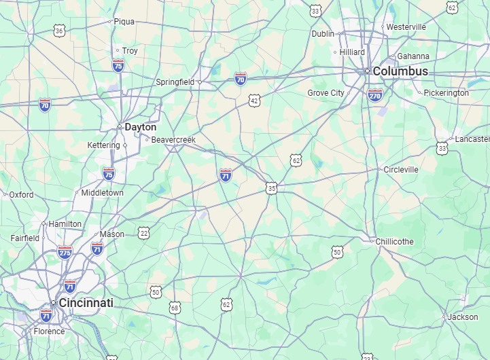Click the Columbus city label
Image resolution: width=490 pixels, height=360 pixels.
[400, 71]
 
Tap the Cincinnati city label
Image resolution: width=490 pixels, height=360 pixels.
[86, 303]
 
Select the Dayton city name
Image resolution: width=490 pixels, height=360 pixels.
[140, 127]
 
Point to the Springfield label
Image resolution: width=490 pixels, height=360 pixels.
[175, 82]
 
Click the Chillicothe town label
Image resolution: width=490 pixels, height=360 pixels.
[394, 242]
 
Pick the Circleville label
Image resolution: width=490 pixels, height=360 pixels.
[401, 169]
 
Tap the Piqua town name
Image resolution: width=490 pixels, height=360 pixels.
[124, 22]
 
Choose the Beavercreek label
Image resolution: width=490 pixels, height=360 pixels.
[173, 140]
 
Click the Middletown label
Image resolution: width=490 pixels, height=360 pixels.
[102, 193]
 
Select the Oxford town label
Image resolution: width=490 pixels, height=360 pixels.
[21, 195]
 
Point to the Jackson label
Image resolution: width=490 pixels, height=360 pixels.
[463, 317]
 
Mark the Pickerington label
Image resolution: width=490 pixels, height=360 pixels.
[446, 93]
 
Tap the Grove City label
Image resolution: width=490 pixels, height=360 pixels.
[326, 93]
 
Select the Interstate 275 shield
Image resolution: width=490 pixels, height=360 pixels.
[65, 252]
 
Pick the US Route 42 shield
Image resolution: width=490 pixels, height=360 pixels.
[254, 101]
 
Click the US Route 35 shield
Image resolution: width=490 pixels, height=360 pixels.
[272, 187]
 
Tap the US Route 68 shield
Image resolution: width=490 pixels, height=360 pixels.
[175, 308]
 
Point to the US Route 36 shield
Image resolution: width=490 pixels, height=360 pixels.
[60, 31]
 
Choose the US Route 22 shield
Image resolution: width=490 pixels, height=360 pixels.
[143, 233]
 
